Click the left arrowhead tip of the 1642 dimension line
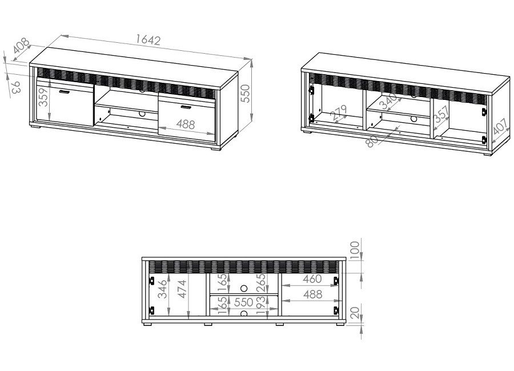[x=61, y=35]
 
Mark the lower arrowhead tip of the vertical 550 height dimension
[x=251, y=122]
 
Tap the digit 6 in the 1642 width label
[x=143, y=39]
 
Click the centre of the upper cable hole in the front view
[x=243, y=288]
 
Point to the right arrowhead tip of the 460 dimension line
[x=339, y=286]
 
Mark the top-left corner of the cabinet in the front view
[x=142, y=257]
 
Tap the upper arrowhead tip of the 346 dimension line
[x=168, y=273]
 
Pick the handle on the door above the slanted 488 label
[x=186, y=107]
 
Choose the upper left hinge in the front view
[x=152, y=281]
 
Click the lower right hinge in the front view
[x=336, y=310]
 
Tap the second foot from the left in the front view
[x=208, y=324]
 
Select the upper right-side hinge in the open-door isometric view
[x=483, y=111]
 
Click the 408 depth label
[x=22, y=46]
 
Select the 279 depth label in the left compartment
[x=339, y=113]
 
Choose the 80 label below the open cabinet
[x=372, y=141]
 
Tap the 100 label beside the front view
[x=355, y=250]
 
